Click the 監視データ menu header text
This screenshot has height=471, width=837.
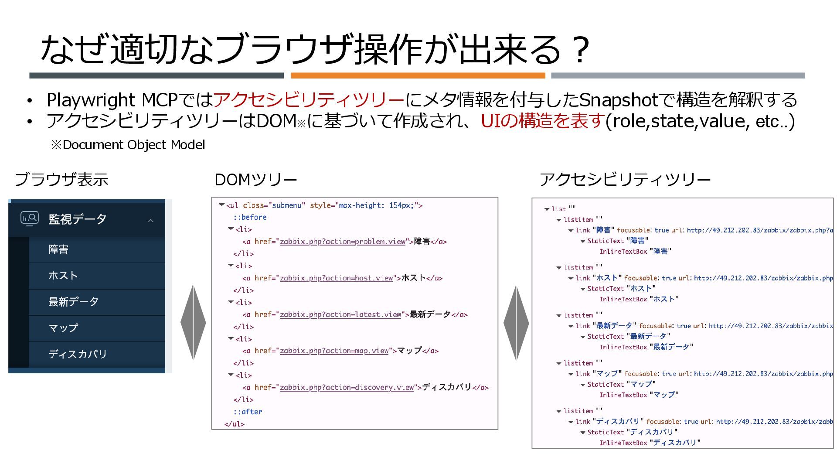[77, 219]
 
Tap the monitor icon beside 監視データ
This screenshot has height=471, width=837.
[30, 218]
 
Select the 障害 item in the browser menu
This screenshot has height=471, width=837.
[58, 249]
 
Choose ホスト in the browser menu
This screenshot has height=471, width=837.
[63, 276]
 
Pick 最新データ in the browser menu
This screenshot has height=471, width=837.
[73, 302]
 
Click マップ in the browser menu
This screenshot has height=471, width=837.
[63, 328]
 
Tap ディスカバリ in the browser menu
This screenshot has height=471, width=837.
[78, 354]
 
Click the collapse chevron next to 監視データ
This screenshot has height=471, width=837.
[151, 221]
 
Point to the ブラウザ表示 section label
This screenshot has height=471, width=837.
[61, 180]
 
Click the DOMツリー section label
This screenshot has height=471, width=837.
[256, 180]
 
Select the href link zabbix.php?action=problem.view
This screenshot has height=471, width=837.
[342, 242]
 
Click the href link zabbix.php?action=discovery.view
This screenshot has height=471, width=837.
[347, 387]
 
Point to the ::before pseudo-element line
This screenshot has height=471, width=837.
[250, 217]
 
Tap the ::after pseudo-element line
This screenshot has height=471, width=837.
[248, 412]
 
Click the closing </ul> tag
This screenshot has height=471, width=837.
[235, 424]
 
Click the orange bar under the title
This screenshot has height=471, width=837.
[418, 75]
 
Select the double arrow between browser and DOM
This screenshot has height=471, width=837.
[193, 323]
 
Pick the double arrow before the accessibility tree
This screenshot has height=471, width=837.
[516, 323]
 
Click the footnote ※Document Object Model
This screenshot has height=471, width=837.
[128, 145]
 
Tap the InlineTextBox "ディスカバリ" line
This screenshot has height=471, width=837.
[650, 443]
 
